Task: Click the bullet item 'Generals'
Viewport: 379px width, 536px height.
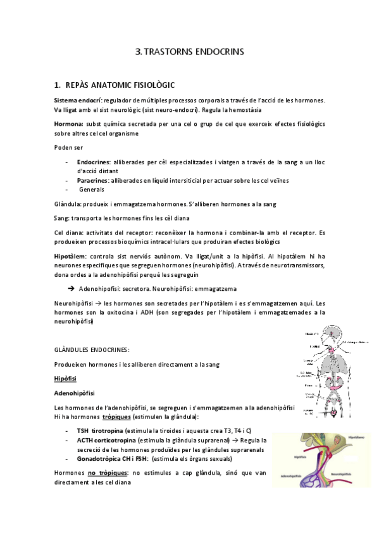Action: (92, 190)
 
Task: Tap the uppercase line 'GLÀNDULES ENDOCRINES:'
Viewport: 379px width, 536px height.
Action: (92, 350)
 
